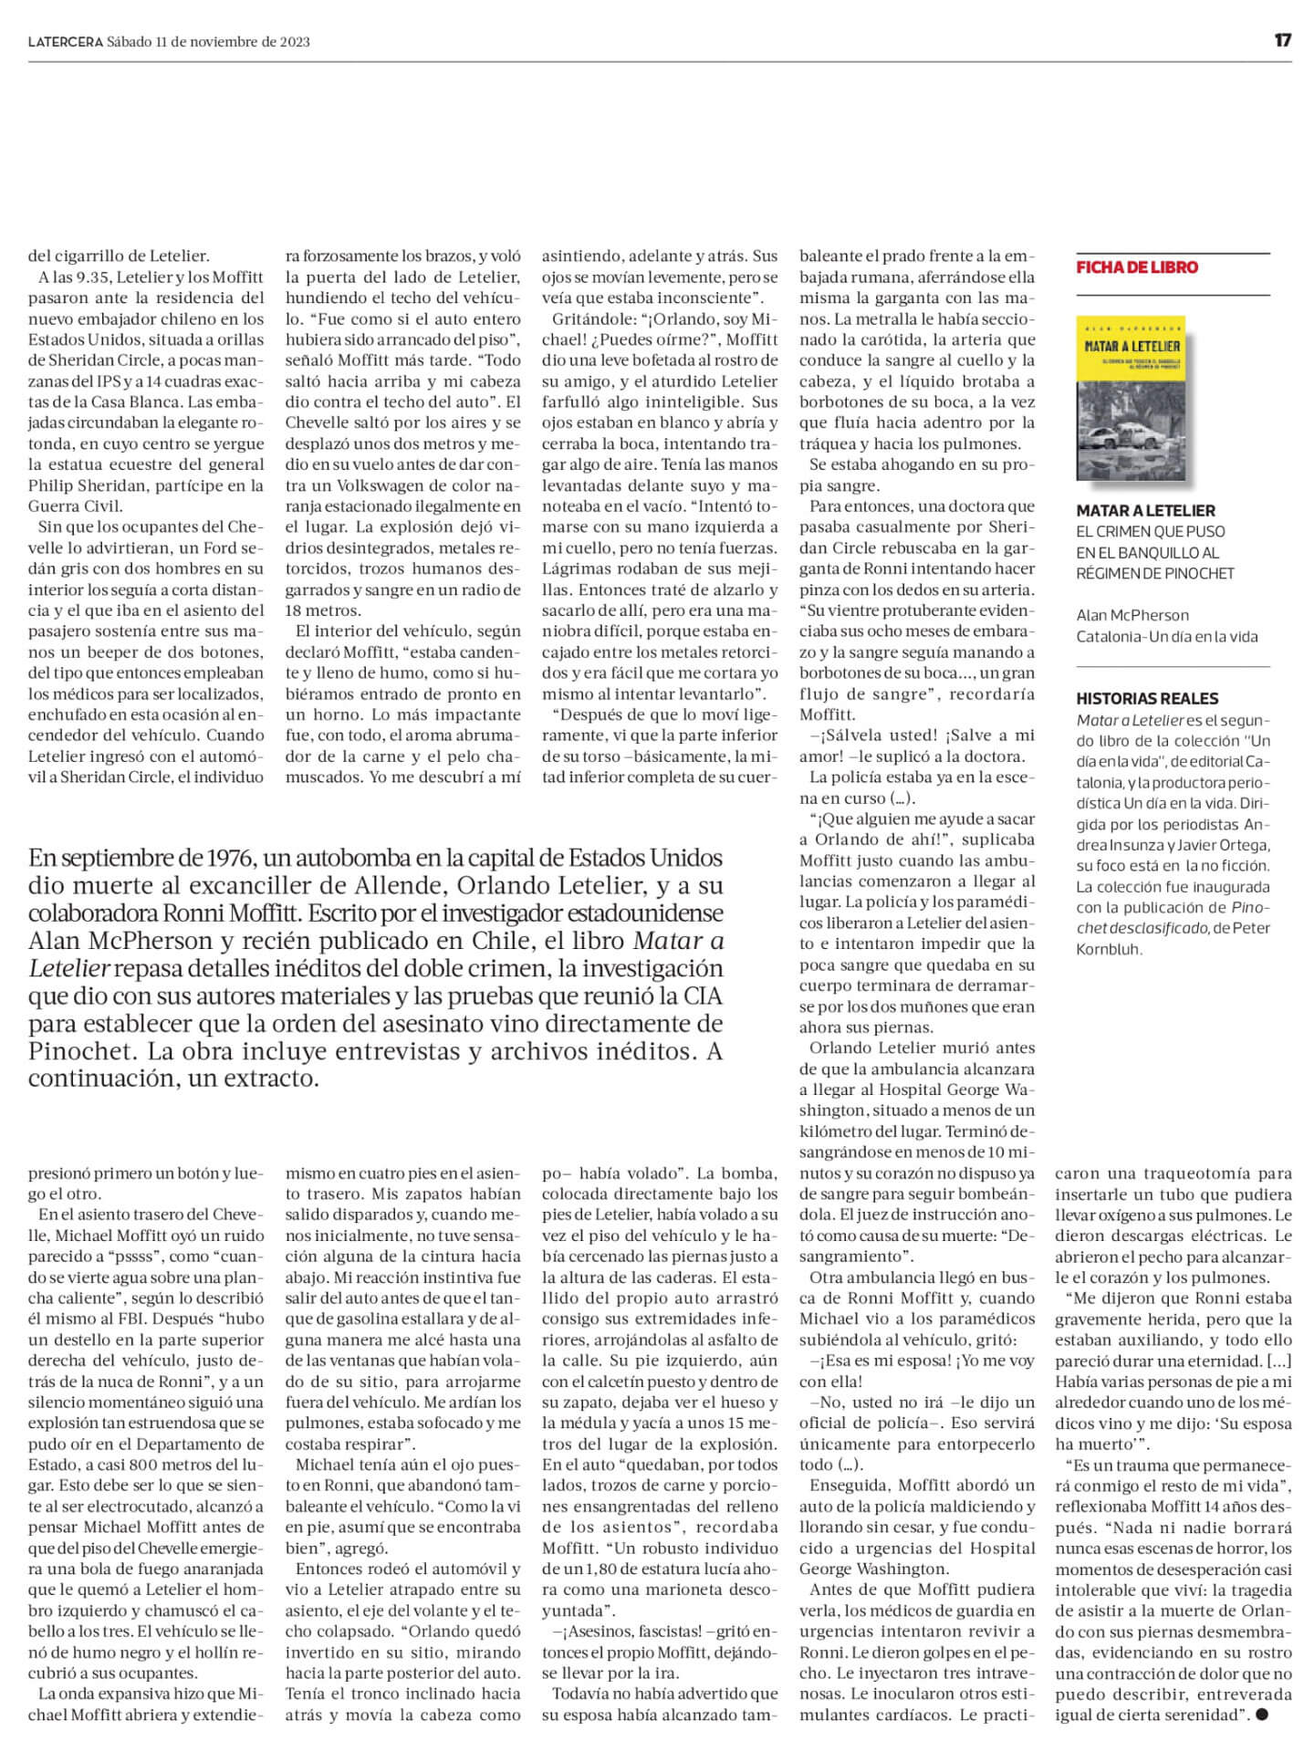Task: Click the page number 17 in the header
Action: pos(1283,41)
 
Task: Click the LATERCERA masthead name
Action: pos(65,42)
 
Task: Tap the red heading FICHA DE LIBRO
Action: pos(1137,267)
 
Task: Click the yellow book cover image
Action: pos(1132,399)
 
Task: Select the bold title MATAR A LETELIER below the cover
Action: pos(1146,511)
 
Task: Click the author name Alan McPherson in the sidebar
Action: pos(1132,616)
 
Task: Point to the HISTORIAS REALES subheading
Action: pos(1147,699)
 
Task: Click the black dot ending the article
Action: pos(1262,1715)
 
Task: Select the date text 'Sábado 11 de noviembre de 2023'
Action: pos(208,42)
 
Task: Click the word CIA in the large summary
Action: pos(701,996)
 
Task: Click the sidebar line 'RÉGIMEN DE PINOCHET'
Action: pos(1155,574)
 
